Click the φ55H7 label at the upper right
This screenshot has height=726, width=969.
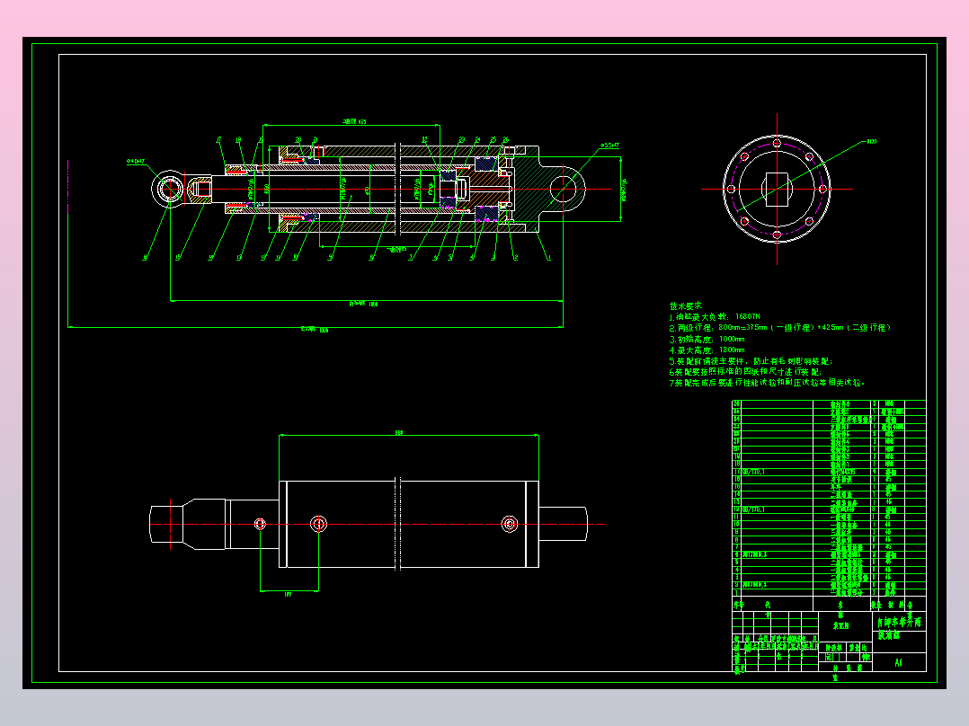coord(610,145)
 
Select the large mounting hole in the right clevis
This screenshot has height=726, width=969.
coord(565,188)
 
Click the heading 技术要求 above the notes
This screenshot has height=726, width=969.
coord(685,305)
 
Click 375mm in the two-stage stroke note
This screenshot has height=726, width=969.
coord(755,328)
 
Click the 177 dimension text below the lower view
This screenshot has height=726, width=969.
coord(288,594)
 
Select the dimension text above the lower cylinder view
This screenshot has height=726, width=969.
coord(399,433)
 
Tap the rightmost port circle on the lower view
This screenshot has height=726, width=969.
coord(510,523)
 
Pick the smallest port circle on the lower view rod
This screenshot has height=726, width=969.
coord(260,523)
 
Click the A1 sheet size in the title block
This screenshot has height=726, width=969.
coord(897,663)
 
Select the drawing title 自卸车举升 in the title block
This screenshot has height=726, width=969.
coord(899,623)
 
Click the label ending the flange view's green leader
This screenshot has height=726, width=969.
coord(871,141)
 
